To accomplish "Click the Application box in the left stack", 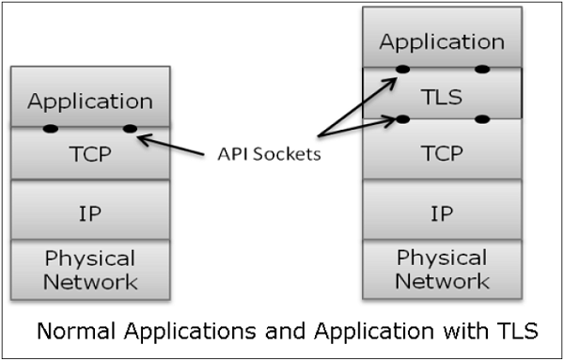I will coord(90,99).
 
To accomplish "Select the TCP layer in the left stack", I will coord(90,154).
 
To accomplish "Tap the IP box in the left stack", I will coord(90,211).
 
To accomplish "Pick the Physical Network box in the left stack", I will coord(90,269).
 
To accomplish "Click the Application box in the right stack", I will coord(442,42).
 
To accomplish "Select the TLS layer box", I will coord(442,95).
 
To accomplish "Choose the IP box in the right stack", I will coord(442,211).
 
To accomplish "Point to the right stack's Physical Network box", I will coord(442,269).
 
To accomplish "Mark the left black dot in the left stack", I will coord(50,128).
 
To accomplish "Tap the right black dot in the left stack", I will coord(130,128).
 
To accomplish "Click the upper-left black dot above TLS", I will coord(402,69).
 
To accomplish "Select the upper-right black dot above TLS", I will coord(482,69).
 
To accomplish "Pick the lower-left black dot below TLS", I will coord(402,119).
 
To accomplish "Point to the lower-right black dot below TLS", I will coord(482,119).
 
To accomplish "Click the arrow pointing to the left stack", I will coord(174,145).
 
